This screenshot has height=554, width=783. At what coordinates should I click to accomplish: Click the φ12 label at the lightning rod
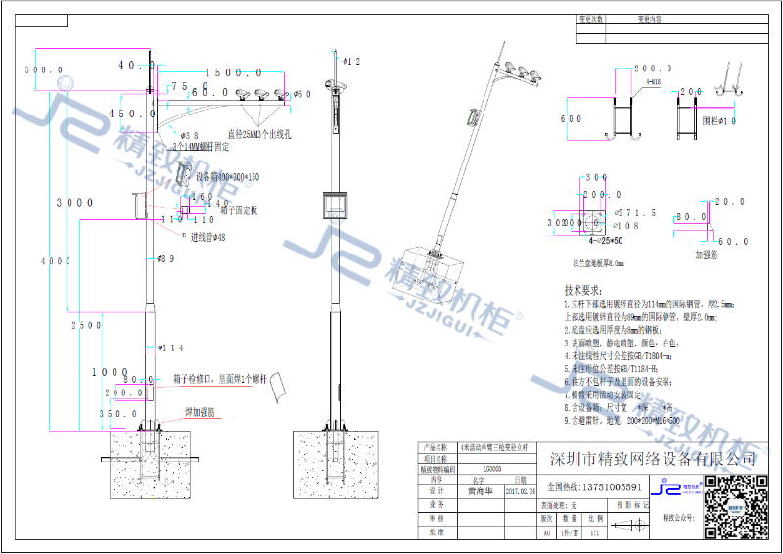[x=351, y=62]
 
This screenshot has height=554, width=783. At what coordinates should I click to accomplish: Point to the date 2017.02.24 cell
[x=519, y=493]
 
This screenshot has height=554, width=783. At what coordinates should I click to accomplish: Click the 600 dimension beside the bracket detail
[x=572, y=119]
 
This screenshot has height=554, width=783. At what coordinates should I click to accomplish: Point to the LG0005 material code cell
[x=478, y=470]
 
